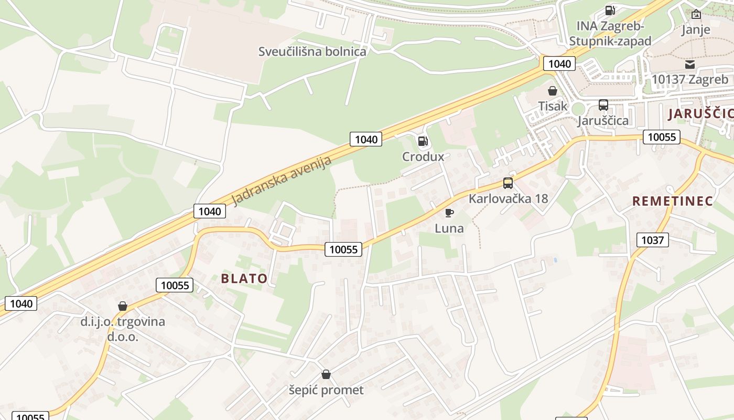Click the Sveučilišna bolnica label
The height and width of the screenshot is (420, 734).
[x=312, y=51]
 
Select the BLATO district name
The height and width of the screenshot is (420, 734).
[x=244, y=278]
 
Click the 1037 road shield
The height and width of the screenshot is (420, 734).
[x=652, y=240]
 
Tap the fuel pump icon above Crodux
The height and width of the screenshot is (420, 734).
[x=423, y=141]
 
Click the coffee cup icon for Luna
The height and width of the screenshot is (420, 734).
[x=449, y=213]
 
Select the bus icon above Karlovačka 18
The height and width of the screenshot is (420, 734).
[x=508, y=183]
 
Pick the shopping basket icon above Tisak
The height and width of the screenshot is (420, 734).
[x=552, y=91]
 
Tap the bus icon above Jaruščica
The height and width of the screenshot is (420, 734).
[x=603, y=105]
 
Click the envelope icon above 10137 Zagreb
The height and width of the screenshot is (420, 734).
[x=689, y=65]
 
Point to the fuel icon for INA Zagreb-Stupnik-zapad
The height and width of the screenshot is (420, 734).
[x=610, y=10]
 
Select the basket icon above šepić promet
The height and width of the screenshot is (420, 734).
[x=326, y=374]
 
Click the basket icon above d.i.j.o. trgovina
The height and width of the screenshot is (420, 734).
[x=123, y=306]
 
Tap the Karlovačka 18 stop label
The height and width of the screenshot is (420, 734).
[x=508, y=198]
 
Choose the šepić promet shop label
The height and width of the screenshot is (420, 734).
[x=326, y=390]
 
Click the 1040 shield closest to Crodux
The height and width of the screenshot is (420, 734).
[x=366, y=139]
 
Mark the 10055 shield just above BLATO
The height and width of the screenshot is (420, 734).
[x=343, y=249]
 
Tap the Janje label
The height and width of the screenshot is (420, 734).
[x=696, y=29]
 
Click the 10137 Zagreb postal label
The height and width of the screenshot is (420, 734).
[x=689, y=79]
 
